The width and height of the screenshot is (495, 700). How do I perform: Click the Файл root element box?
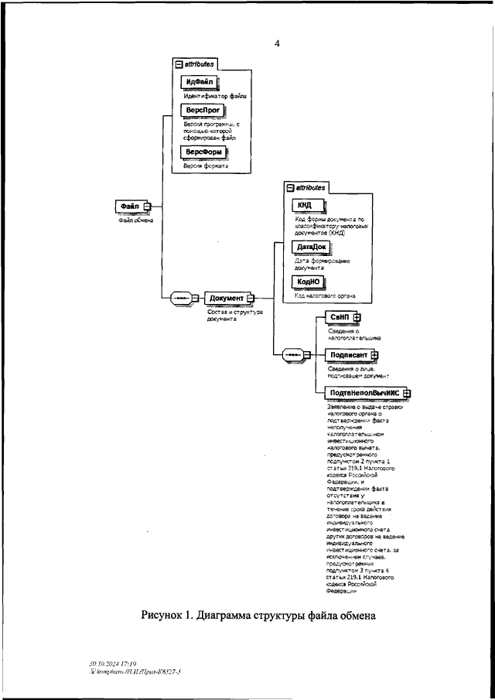click(130, 206)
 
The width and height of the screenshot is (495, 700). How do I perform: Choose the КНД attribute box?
click(305, 204)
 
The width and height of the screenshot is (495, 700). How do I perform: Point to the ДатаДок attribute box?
click(309, 247)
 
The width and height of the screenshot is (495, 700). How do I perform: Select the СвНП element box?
click(338, 317)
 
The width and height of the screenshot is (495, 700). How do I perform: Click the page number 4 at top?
click(276, 44)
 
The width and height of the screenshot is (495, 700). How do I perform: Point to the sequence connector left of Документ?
click(179, 298)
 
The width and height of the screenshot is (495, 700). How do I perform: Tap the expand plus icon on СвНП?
click(357, 317)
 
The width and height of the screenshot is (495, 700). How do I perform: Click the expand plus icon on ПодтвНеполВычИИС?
click(406, 393)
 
